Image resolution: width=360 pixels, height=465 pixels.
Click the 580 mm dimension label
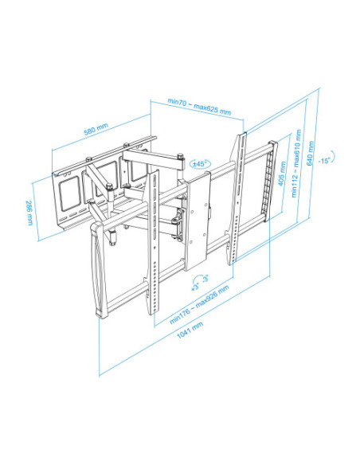[96, 129]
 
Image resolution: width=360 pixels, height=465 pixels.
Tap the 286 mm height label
[29, 213]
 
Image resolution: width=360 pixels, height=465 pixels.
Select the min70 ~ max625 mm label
[199, 107]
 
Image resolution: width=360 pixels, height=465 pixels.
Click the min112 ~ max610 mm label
[296, 163]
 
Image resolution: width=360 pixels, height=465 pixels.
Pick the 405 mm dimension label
[282, 174]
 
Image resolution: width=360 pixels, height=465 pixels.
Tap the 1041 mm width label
[190, 330]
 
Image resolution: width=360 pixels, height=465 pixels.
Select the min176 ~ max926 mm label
[199, 305]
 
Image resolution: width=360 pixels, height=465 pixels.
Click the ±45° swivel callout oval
[200, 163]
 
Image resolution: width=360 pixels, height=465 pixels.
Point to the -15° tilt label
[324, 161]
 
